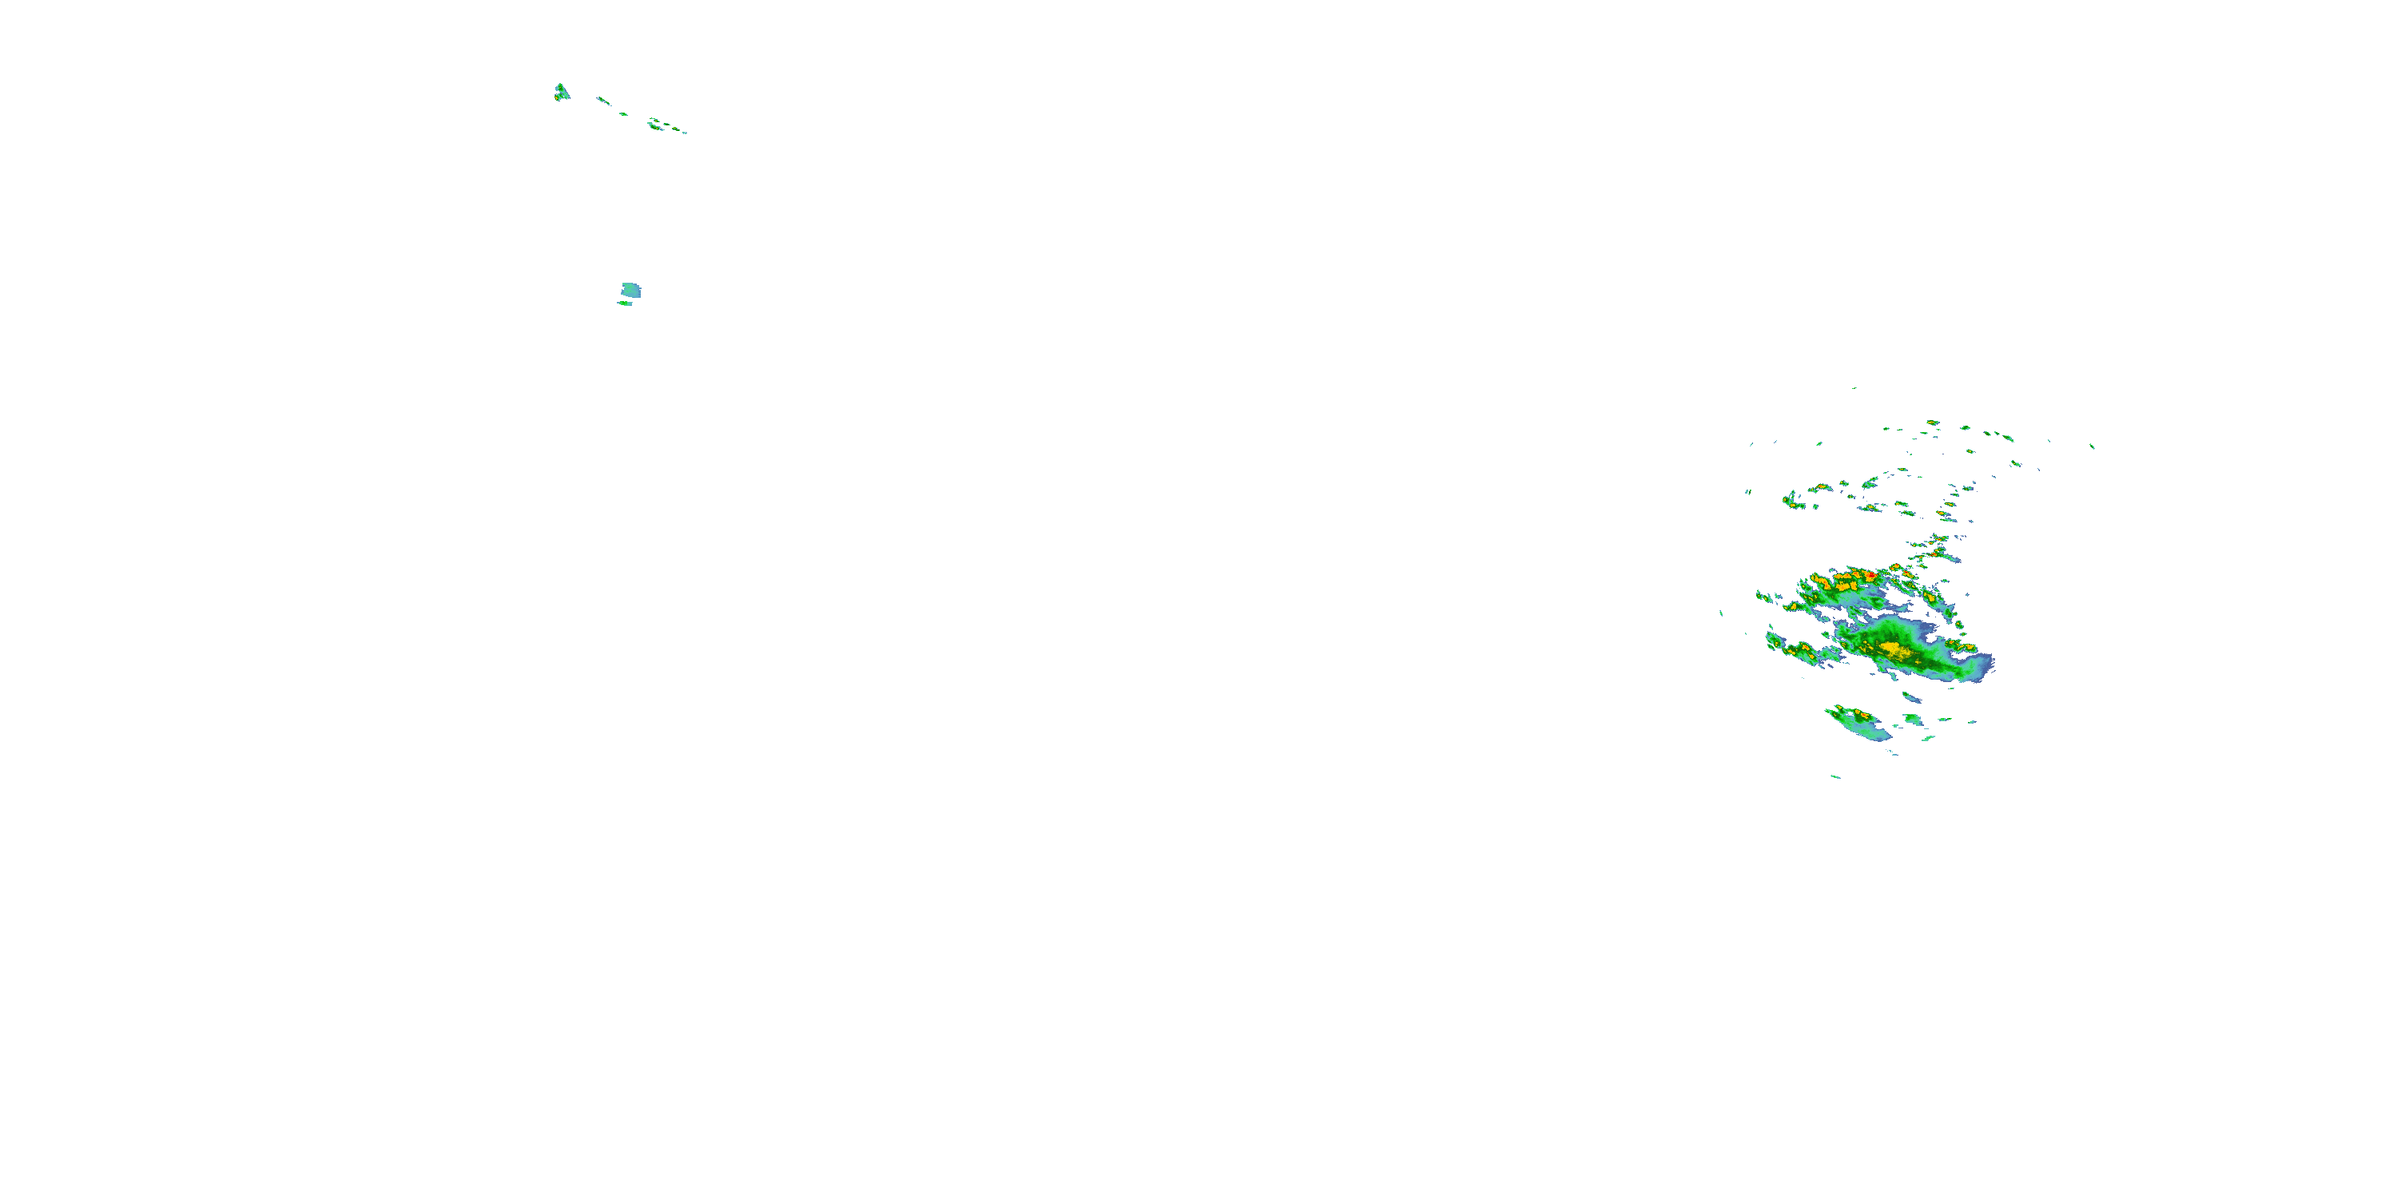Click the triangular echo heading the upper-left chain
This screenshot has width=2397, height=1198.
click(561, 91)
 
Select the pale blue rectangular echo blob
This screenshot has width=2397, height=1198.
click(631, 290)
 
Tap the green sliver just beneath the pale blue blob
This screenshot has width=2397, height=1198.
click(624, 303)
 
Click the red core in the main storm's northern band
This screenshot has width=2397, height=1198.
click(1870, 577)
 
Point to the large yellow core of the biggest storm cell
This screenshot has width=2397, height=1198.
click(1890, 648)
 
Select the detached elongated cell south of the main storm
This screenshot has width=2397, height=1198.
click(1856, 721)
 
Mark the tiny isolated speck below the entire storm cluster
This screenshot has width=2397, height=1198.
click(1836, 776)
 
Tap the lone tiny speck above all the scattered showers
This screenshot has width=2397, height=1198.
click(1854, 388)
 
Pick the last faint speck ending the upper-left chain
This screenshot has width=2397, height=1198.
click(683, 132)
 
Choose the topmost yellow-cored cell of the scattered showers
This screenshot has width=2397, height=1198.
click(1933, 423)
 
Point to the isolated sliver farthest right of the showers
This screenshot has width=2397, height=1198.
click(2092, 446)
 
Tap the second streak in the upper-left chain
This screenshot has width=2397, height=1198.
click(603, 100)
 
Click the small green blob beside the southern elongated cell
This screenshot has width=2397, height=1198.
click(1912, 719)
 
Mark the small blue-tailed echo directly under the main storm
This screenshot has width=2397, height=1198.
click(1910, 696)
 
